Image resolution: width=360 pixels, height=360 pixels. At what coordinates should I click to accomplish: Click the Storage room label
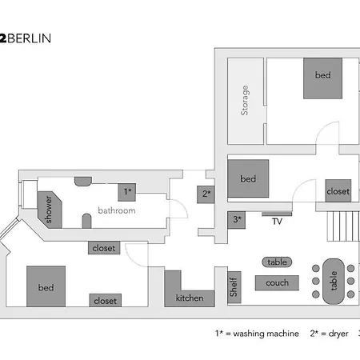[x=245, y=100]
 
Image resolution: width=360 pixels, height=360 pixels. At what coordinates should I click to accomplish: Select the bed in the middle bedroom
[x=248, y=178]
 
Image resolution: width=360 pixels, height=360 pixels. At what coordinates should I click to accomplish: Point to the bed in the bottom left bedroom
[x=46, y=286]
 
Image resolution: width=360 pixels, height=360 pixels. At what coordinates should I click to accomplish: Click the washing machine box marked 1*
[x=128, y=192]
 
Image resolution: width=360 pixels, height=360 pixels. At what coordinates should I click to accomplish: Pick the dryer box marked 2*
[x=206, y=194]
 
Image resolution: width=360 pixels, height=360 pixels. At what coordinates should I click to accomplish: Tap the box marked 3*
[x=237, y=218]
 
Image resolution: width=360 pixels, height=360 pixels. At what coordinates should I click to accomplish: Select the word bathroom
[x=117, y=210]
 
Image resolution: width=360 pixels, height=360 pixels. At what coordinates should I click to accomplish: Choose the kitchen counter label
[x=190, y=298]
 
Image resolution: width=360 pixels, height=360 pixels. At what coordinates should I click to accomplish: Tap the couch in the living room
[x=277, y=282]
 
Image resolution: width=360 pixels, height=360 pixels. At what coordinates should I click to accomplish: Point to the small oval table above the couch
[x=277, y=262]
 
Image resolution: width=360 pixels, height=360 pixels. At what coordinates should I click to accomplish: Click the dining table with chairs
[x=333, y=279]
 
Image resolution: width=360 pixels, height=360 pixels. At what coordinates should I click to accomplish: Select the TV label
[x=278, y=222]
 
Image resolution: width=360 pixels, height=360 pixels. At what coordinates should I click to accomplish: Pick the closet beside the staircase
[x=338, y=191]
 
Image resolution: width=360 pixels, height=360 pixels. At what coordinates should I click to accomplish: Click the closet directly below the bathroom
[x=105, y=248]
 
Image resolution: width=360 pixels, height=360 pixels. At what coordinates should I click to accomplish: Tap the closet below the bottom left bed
[x=105, y=301]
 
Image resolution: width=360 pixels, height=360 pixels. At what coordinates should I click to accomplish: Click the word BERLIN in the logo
[x=31, y=38]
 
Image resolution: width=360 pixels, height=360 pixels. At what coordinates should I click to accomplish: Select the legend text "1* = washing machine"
[x=257, y=334]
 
